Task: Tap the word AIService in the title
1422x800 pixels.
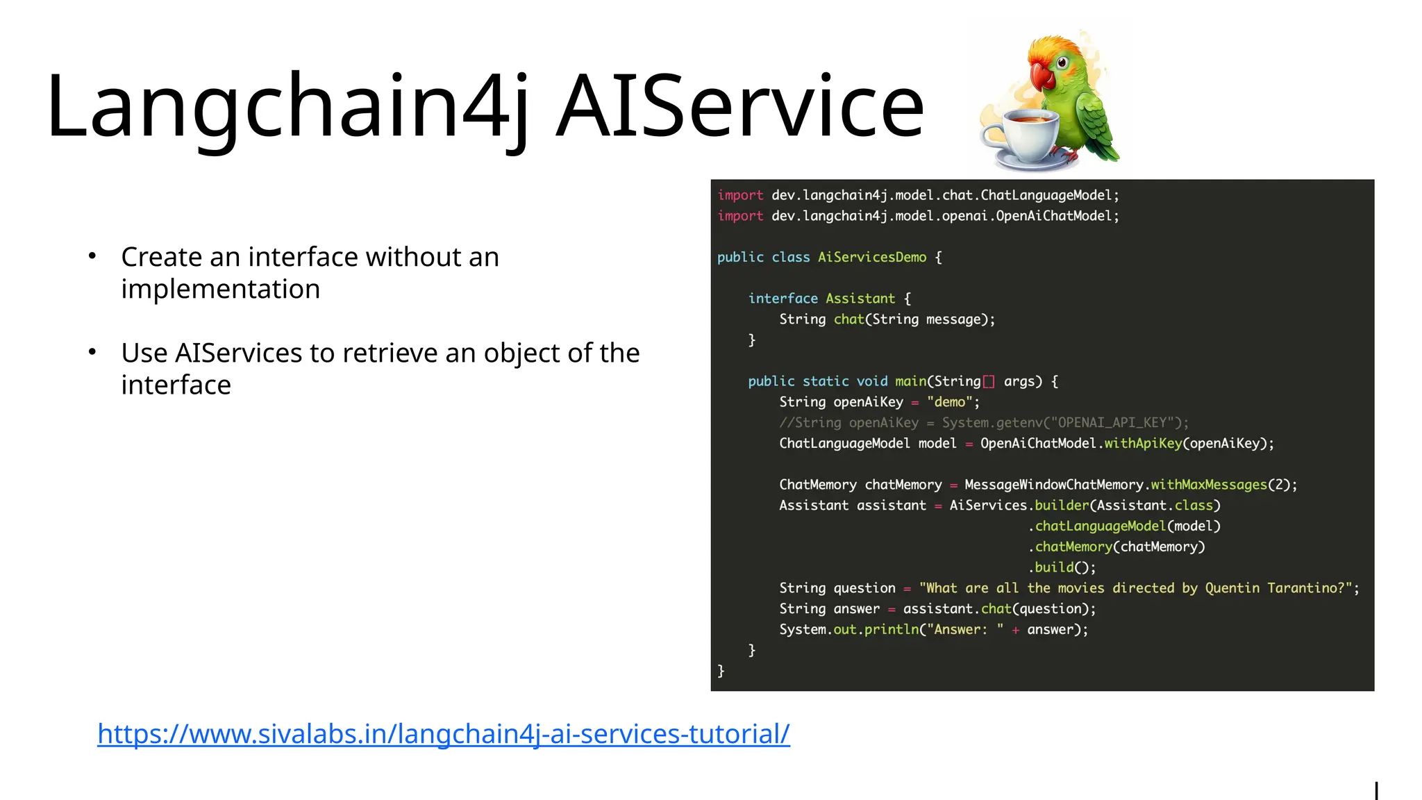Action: click(x=740, y=108)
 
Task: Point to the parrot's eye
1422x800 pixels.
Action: click(x=1062, y=63)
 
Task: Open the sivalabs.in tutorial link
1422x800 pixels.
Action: click(x=443, y=734)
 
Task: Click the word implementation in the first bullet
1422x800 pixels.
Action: click(x=220, y=289)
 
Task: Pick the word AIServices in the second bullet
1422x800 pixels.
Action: click(x=239, y=353)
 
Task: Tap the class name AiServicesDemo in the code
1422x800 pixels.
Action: click(x=871, y=258)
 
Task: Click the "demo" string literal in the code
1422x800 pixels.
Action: click(x=949, y=402)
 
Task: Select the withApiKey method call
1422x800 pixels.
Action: click(x=1142, y=443)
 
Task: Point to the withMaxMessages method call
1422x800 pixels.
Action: click(x=1208, y=485)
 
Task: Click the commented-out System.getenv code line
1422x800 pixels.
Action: click(x=983, y=423)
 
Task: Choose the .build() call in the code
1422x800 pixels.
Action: click(x=1062, y=567)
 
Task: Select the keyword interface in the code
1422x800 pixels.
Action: click(x=783, y=299)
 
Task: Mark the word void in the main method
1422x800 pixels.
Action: click(x=871, y=381)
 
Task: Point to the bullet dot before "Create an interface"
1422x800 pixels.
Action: click(x=92, y=256)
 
